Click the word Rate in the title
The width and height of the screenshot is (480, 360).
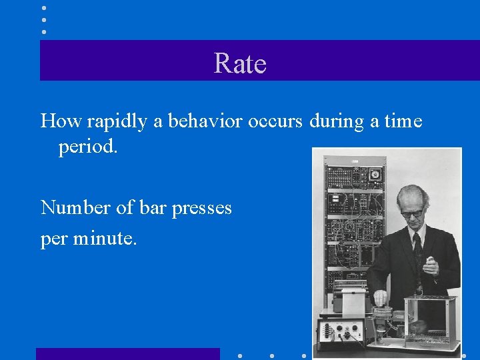[x=240, y=63]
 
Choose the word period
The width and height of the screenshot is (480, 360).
[x=87, y=147]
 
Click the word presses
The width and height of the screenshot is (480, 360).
[x=201, y=209]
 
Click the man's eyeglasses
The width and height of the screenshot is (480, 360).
[x=413, y=213]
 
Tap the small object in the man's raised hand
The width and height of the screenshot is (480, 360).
[x=429, y=259]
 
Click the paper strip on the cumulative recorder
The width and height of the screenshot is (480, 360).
[x=352, y=304]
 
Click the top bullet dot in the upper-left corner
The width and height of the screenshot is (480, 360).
[x=44, y=8]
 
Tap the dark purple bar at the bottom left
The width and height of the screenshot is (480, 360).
[x=127, y=353]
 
